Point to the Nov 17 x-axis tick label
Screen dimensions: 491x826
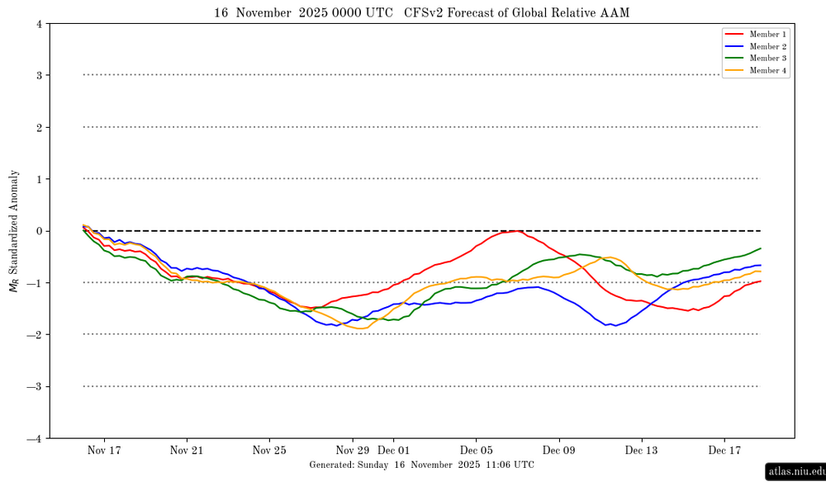(x=104, y=451)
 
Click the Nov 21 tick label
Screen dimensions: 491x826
(x=187, y=451)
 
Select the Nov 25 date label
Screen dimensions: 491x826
(x=269, y=451)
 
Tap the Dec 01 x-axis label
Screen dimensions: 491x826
(x=393, y=451)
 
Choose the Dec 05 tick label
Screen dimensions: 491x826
(x=476, y=451)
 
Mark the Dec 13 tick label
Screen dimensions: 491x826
(x=641, y=451)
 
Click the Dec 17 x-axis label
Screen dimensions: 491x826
(x=724, y=451)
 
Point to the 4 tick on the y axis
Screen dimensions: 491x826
(x=39, y=24)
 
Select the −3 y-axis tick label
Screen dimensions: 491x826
(x=36, y=386)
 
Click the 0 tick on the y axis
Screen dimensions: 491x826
(x=39, y=231)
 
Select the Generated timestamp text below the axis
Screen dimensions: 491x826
(x=421, y=465)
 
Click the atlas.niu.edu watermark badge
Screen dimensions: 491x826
(x=795, y=472)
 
